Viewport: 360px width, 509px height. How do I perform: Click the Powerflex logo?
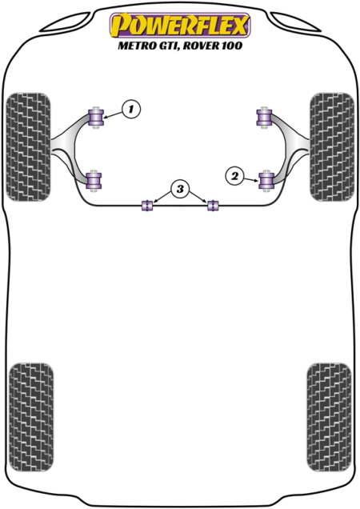(x=180, y=25)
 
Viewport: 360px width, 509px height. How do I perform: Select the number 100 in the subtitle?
(x=233, y=45)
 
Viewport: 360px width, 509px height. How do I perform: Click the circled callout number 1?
(x=131, y=109)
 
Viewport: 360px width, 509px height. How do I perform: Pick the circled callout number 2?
(x=234, y=176)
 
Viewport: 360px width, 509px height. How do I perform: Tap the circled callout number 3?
(x=180, y=188)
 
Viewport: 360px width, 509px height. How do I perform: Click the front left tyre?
(x=29, y=146)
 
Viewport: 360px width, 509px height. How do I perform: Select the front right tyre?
(x=332, y=146)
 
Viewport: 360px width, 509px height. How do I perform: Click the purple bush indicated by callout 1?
(x=96, y=117)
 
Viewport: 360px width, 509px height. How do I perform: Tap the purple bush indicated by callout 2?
(x=266, y=181)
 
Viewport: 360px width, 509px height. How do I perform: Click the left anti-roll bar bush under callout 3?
(x=147, y=206)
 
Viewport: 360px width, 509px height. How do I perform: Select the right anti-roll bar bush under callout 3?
(x=213, y=206)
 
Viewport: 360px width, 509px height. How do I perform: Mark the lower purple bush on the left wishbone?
(x=94, y=181)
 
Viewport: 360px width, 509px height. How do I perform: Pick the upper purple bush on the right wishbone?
(x=264, y=117)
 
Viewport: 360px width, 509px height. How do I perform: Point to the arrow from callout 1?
(x=114, y=114)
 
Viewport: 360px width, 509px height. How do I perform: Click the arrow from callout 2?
(x=251, y=178)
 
